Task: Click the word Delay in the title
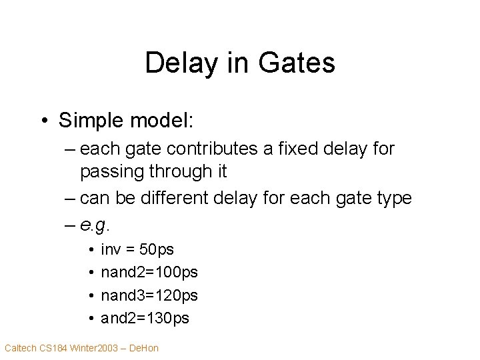(175, 63)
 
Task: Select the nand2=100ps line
(149, 273)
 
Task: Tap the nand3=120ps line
(149, 295)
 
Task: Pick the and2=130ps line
(145, 319)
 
